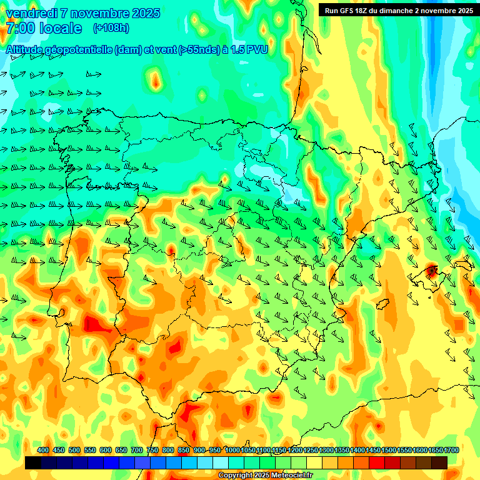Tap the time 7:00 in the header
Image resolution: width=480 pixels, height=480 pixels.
click(19, 28)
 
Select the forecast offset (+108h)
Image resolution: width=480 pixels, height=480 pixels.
click(111, 28)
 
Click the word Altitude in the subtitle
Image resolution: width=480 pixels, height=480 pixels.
click(27, 50)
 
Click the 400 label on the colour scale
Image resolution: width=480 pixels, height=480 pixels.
click(43, 450)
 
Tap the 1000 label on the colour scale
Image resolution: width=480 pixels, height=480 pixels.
click(232, 450)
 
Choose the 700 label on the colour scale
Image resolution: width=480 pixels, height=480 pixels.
click(137, 450)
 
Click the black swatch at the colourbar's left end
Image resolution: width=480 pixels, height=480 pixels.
click(33, 462)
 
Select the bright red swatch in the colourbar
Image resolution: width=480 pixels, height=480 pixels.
click(377, 462)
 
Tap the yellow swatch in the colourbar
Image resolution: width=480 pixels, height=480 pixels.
click(314, 462)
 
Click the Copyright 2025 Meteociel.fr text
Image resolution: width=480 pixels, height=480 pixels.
click(265, 475)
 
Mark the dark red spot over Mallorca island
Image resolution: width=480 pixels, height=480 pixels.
click(431, 271)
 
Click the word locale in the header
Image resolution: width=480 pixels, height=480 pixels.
click(60, 28)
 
